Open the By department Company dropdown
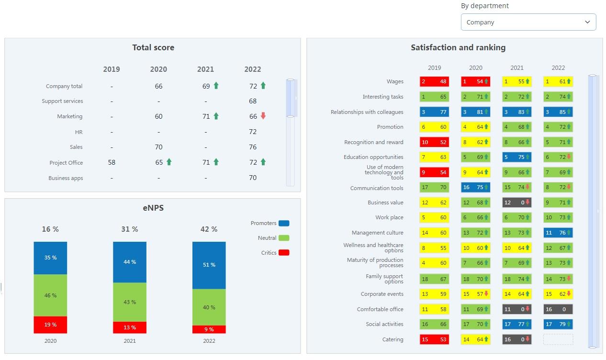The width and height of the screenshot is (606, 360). pos(528,22)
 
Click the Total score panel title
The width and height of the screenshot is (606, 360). pos(153,47)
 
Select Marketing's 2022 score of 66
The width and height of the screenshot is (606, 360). pos(253,116)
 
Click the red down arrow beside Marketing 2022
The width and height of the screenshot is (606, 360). pos(263,116)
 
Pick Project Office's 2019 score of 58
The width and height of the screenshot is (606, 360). pos(112,162)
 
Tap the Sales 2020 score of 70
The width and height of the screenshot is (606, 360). pos(158,147)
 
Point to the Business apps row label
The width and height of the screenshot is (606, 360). pos(66,178)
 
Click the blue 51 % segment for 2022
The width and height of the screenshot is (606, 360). pos(209,265)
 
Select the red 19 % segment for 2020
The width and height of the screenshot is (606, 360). pos(50,325)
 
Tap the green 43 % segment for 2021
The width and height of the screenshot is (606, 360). pos(130,302)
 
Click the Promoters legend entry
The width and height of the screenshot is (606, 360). pos(269,223)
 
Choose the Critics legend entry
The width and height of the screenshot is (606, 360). pos(275,253)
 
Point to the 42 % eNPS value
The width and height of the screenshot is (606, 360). pos(209,229)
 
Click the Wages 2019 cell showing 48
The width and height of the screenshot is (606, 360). pos(434,81)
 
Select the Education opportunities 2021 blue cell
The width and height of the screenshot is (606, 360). pos(517,157)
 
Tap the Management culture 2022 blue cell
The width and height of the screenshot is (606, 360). pos(558,233)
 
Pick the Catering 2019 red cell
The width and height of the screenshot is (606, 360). pos(434,339)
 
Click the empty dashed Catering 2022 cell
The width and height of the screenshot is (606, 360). pos(558,339)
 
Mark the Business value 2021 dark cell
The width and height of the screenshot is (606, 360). pos(517,202)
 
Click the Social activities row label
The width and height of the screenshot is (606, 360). pos(384,324)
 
